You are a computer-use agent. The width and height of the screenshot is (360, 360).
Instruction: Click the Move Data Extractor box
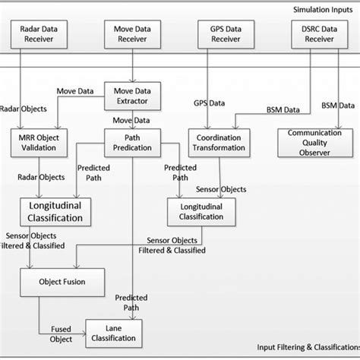coord(133,96)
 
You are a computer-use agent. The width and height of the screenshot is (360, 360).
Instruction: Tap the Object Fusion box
coord(62,282)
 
